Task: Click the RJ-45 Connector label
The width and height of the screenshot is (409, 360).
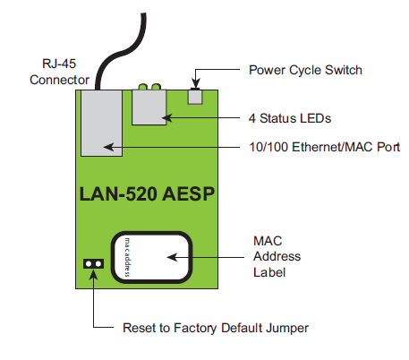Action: (x=59, y=72)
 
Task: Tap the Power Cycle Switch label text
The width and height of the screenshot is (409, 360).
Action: (x=305, y=70)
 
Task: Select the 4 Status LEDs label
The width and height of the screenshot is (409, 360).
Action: (x=290, y=118)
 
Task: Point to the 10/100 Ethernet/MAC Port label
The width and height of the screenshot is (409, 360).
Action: (x=325, y=147)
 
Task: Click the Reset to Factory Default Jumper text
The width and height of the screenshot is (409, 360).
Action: (x=216, y=328)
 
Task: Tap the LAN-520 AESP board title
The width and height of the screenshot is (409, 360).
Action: (x=147, y=193)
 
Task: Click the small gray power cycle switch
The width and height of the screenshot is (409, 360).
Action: (x=195, y=97)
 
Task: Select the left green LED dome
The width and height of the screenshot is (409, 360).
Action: (x=143, y=87)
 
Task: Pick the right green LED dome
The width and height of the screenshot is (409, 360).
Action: (x=156, y=87)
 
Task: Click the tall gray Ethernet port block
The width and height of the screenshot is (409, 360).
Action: (x=101, y=123)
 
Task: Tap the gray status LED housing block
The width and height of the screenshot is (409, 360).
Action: (x=149, y=107)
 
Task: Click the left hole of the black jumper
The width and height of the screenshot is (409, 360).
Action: (x=89, y=264)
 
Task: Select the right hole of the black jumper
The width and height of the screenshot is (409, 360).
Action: (x=98, y=264)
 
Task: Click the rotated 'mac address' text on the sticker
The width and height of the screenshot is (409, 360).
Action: (x=127, y=257)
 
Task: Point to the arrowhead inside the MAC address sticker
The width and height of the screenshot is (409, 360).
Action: (x=172, y=257)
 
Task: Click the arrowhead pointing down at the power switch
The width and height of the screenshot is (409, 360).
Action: (x=195, y=83)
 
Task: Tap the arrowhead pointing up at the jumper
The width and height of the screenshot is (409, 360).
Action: (x=93, y=275)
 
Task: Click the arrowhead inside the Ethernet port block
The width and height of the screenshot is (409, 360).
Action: (x=108, y=147)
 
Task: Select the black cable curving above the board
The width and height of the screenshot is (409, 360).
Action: (x=121, y=51)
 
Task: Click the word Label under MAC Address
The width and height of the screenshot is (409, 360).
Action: (x=269, y=272)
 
